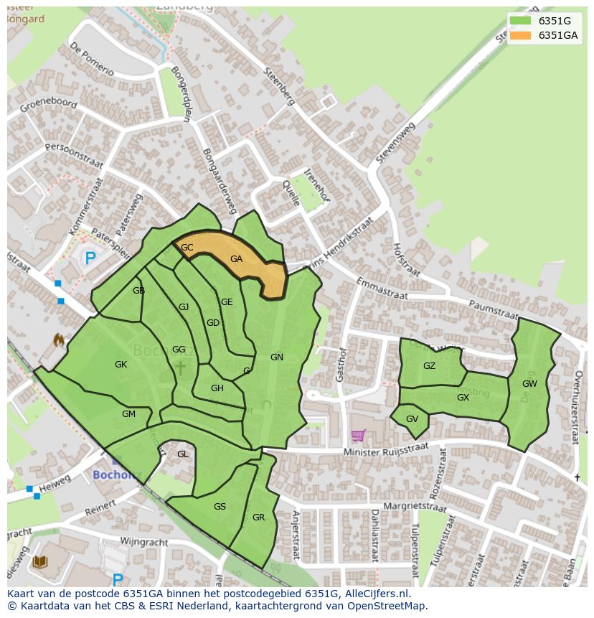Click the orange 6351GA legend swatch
pyautogui.click(x=521, y=35)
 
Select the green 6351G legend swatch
pyautogui.click(x=521, y=20)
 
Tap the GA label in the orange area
pyautogui.click(x=236, y=259)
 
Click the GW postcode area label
pyautogui.click(x=529, y=384)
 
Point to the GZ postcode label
pyautogui.click(x=429, y=366)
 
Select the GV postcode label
pyautogui.click(x=412, y=419)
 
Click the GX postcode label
pyautogui.click(x=463, y=398)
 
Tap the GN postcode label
pyautogui.click(x=276, y=357)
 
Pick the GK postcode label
pyautogui.click(x=121, y=365)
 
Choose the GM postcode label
pyautogui.click(x=128, y=414)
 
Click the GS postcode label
pyautogui.click(x=220, y=507)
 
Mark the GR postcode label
pyautogui.click(x=258, y=518)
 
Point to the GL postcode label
pyautogui.click(x=183, y=454)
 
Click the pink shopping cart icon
pyautogui.click(x=357, y=435)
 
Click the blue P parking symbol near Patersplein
pyautogui.click(x=90, y=258)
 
